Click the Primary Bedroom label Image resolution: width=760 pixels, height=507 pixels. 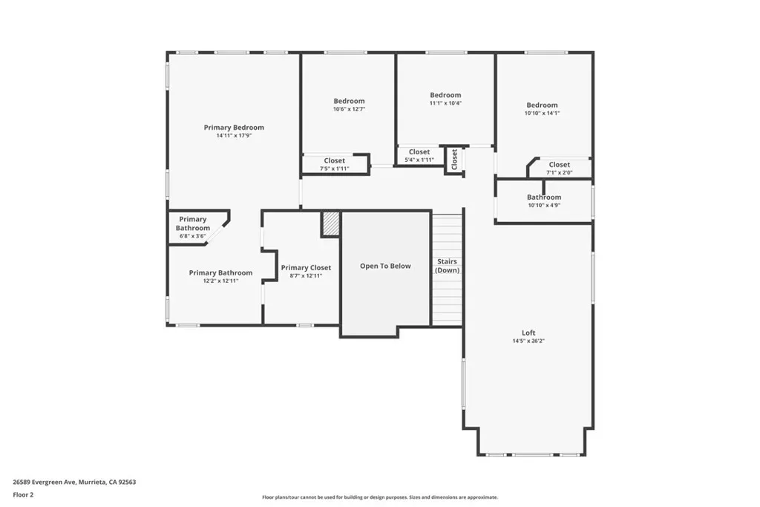(x=234, y=128)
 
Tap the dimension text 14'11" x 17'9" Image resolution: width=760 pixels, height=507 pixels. (x=234, y=136)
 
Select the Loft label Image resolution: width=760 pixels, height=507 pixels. (x=528, y=333)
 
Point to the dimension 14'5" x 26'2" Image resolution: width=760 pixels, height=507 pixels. (x=528, y=341)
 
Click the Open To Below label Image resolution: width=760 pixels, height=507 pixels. (x=385, y=266)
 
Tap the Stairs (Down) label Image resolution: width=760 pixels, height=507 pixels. (x=447, y=266)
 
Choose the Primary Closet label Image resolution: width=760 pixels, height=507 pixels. (x=306, y=267)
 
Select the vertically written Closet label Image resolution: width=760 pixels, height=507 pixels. (x=454, y=160)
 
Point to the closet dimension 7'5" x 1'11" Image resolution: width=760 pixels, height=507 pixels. (x=335, y=169)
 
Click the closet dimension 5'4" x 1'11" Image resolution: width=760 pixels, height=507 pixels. (x=419, y=160)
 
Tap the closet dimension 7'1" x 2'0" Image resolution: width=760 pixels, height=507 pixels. (x=560, y=172)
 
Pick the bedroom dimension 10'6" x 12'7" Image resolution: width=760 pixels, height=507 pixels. (x=349, y=109)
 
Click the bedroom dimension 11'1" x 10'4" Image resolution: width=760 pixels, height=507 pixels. (x=445, y=102)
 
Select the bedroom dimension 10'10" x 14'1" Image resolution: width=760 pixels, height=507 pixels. (x=542, y=113)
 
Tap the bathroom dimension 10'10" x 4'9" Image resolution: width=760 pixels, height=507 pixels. (x=544, y=205)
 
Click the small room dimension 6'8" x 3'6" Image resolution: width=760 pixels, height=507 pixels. (x=192, y=236)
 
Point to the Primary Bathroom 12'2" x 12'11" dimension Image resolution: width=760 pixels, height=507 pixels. (x=220, y=281)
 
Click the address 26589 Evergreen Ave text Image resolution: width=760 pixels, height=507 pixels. (x=44, y=483)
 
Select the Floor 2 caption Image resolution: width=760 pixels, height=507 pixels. (x=23, y=495)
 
